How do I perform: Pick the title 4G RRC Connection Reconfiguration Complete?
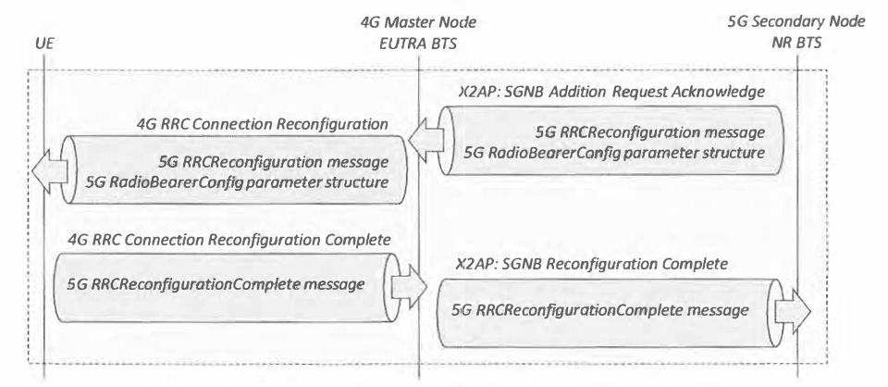point(229,240)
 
